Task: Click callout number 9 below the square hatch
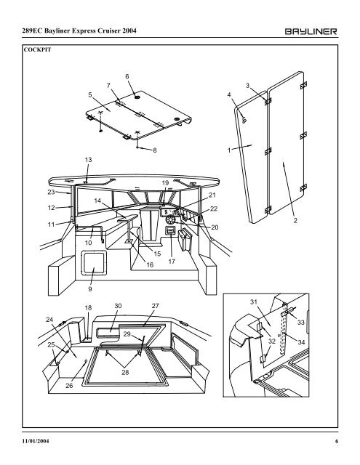pyautogui.click(x=90, y=308)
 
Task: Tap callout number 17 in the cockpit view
pyautogui.click(x=172, y=261)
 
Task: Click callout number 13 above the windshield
pyautogui.click(x=89, y=159)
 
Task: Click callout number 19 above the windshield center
pyautogui.click(x=165, y=182)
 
